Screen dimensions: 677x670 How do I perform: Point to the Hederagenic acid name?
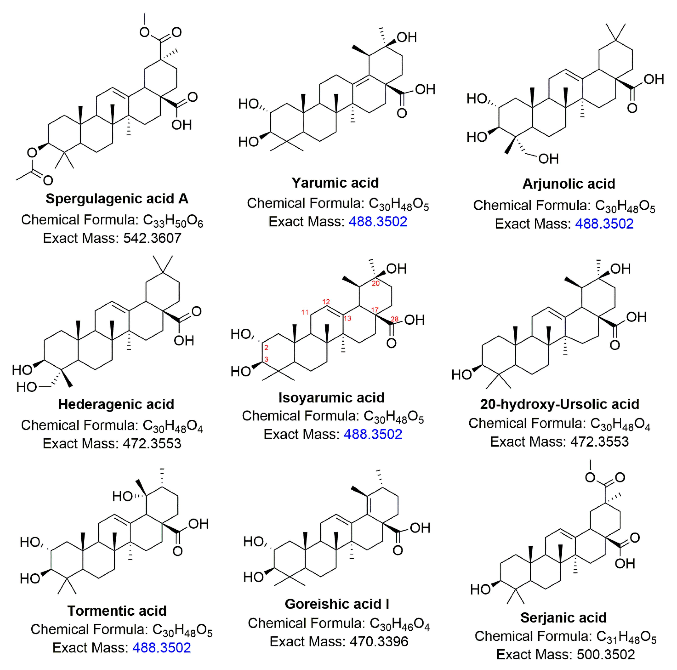(x=116, y=404)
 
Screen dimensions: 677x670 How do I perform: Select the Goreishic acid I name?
(x=337, y=604)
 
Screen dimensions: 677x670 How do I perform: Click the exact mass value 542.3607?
(x=152, y=238)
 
